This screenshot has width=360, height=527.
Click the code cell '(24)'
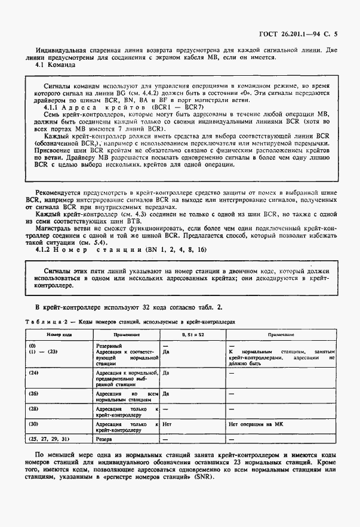point(33,372)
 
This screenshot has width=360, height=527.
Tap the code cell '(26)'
point(33,394)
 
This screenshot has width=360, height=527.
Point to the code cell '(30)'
point(33,424)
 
